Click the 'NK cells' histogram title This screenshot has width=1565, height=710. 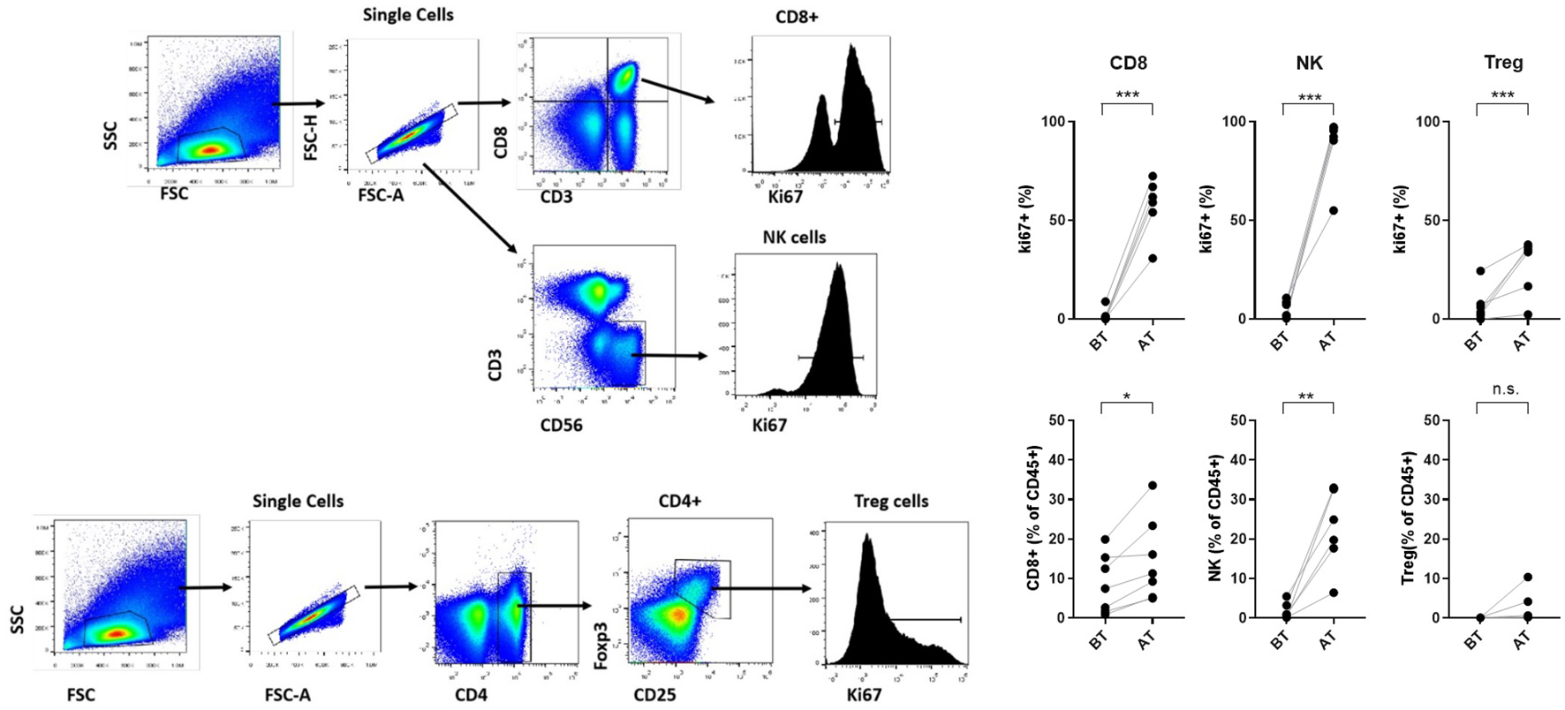tap(794, 238)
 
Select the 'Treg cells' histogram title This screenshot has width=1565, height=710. tap(891, 502)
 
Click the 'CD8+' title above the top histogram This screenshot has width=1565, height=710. tap(797, 17)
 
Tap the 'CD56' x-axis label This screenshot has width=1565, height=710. tap(561, 425)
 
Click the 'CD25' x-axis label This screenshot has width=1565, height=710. tap(654, 695)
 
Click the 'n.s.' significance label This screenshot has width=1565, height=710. tap(1505, 389)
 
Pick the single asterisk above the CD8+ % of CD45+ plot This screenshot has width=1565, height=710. tap(1127, 397)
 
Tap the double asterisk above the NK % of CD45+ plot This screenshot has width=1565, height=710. tap(1305, 397)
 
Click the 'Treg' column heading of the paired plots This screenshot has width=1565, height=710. tap(1503, 63)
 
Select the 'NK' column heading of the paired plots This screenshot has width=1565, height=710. tap(1309, 63)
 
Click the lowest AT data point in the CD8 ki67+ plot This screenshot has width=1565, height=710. tap(1153, 258)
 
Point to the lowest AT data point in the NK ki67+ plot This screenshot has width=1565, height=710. tap(1334, 210)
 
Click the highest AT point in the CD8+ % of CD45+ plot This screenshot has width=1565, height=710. tap(1153, 486)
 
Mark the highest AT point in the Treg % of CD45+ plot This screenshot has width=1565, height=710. tap(1527, 578)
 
